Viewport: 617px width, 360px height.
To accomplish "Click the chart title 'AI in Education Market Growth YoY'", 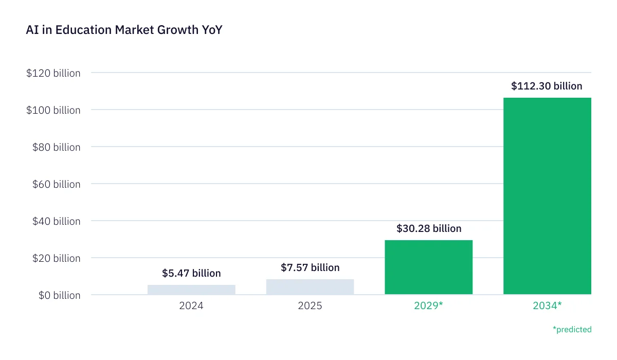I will [124, 30].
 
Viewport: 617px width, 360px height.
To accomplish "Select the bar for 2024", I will [191, 290].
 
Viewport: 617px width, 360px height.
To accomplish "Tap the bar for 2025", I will [310, 287].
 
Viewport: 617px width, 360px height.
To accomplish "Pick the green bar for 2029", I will [428, 267].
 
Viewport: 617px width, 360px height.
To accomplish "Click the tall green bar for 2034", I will [547, 196].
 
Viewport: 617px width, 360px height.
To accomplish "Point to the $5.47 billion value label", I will [191, 273].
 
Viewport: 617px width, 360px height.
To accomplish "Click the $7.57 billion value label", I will [310, 267].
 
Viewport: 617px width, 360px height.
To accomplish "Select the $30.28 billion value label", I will [429, 228].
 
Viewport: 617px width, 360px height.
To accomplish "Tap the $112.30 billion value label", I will [547, 86].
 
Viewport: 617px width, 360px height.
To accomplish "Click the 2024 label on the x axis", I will [191, 306].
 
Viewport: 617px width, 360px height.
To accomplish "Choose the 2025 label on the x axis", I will [310, 306].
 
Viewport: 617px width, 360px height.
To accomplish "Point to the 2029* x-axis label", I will [429, 306].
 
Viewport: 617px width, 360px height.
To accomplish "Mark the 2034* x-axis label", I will [547, 306].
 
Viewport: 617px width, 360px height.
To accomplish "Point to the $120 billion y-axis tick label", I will [53, 73].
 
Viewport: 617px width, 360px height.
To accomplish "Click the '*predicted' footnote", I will [572, 329].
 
